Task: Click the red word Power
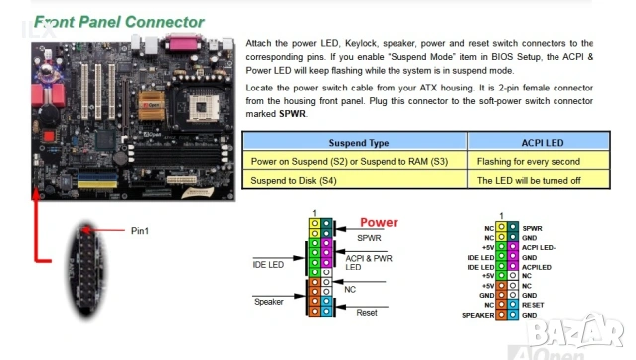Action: click(x=379, y=223)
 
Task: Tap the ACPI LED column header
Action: click(x=543, y=143)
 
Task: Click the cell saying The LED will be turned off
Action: click(x=528, y=181)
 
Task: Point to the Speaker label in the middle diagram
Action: click(x=269, y=301)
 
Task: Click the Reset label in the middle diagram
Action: click(x=367, y=313)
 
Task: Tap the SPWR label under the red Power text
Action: click(x=369, y=240)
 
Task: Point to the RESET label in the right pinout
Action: click(x=534, y=305)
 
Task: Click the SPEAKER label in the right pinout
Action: click(x=478, y=315)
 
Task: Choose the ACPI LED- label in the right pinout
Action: click(x=538, y=247)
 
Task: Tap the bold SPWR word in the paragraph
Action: click(x=293, y=114)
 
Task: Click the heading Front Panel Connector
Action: click(x=119, y=21)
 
